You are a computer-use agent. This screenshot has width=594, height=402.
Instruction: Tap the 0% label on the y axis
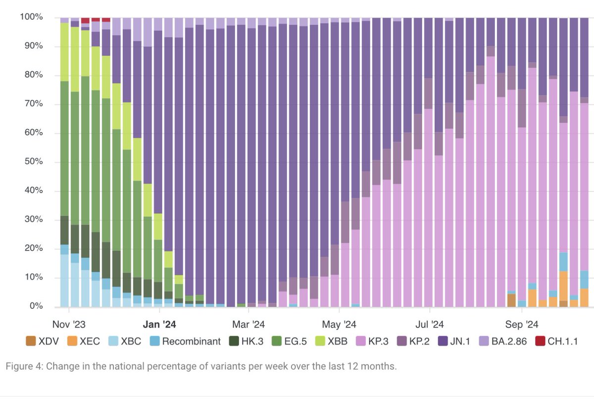(35, 306)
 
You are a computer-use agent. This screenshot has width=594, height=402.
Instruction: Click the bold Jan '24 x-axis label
(159, 324)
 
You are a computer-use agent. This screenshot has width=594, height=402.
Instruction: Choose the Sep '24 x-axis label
(521, 324)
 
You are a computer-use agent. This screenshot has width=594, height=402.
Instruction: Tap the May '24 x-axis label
(339, 324)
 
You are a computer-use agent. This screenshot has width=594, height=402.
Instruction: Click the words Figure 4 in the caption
(23, 367)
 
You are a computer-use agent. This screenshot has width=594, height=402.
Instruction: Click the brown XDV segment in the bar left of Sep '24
(512, 300)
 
